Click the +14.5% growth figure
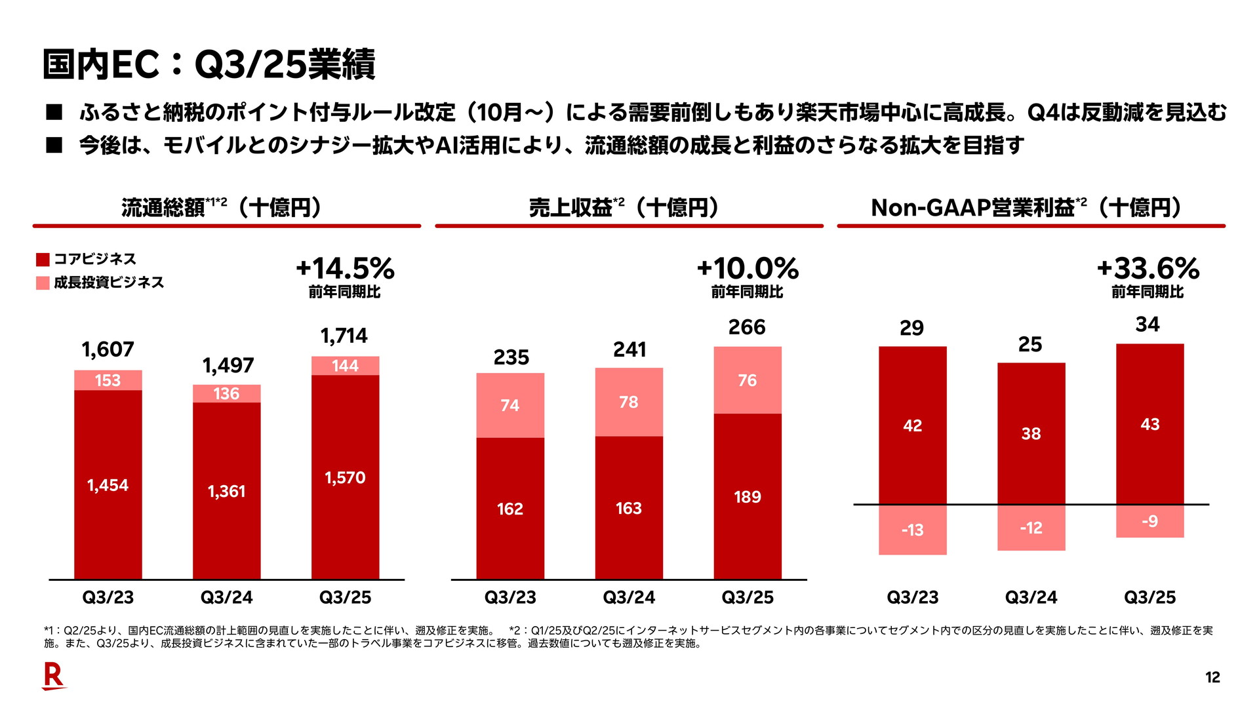click(x=345, y=269)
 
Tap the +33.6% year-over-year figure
click(x=1148, y=269)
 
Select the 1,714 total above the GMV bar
click(x=344, y=336)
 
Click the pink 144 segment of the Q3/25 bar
click(x=345, y=366)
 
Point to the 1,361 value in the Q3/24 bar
click(x=226, y=491)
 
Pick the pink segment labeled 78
click(x=629, y=402)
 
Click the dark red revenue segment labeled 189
click(x=748, y=497)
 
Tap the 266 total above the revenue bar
click(x=747, y=327)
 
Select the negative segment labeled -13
click(x=912, y=530)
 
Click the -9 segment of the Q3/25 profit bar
click(x=1149, y=521)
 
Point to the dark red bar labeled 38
click(x=1031, y=433)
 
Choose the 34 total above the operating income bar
click(x=1148, y=324)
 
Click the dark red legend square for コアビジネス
click(x=43, y=260)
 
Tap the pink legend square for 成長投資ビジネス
click(x=43, y=283)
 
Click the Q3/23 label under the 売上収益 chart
click(x=510, y=597)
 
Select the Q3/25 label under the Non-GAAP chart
click(x=1149, y=597)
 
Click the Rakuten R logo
click(x=53, y=676)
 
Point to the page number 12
click(x=1212, y=678)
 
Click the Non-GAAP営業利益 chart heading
click(x=1026, y=208)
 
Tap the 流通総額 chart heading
click(x=222, y=208)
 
